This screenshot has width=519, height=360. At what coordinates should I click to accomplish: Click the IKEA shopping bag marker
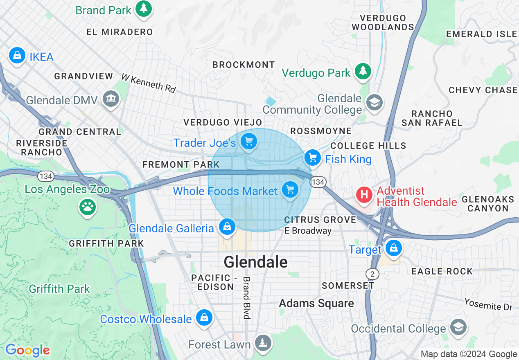tap(17, 55)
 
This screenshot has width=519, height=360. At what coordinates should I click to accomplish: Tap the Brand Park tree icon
tap(143, 9)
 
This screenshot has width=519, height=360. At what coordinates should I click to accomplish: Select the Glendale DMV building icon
tap(111, 99)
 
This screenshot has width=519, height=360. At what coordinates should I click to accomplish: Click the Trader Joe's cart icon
tap(248, 142)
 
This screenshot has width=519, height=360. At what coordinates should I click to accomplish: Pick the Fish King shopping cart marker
tap(313, 157)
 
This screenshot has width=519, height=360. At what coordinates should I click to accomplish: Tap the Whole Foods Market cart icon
tap(290, 190)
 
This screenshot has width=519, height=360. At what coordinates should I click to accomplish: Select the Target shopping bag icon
tap(393, 248)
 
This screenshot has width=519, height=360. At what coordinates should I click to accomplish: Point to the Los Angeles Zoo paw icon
tap(87, 207)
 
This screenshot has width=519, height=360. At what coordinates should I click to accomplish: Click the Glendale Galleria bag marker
tap(227, 227)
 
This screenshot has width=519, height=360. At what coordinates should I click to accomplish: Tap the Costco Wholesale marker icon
tap(203, 318)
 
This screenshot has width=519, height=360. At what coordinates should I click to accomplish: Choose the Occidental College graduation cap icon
tap(458, 327)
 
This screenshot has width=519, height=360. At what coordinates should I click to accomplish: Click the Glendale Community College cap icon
tap(374, 103)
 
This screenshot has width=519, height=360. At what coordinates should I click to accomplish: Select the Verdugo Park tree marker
tap(363, 72)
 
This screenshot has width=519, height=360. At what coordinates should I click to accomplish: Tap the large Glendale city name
tap(256, 262)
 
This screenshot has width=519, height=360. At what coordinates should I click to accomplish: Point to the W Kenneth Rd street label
tap(148, 83)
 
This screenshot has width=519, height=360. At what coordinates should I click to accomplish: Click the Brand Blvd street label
tap(246, 298)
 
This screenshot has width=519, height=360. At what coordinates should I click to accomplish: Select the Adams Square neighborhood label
tap(316, 303)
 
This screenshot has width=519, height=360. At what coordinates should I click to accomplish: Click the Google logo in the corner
tap(27, 350)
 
